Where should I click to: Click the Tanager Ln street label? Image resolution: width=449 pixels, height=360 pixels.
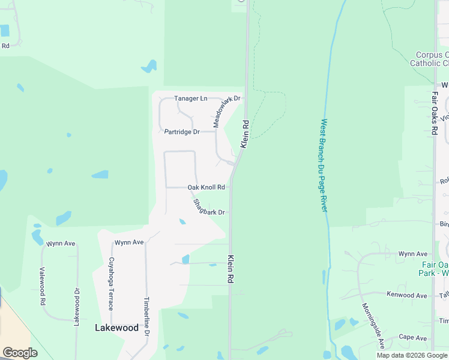190,98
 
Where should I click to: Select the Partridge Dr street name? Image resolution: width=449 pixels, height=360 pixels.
182,131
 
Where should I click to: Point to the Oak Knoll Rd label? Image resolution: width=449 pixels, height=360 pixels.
206,187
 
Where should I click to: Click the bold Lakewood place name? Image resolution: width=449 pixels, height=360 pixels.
117,328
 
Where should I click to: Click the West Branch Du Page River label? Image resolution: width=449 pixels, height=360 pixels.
324,165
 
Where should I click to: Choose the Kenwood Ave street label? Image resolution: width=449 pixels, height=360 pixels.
406,295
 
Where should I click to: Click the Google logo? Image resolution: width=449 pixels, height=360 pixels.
20,353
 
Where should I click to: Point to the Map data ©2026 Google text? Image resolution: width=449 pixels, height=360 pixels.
412,356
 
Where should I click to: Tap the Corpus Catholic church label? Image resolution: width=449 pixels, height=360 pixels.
429,59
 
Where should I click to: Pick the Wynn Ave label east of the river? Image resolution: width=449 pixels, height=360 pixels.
413,254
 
